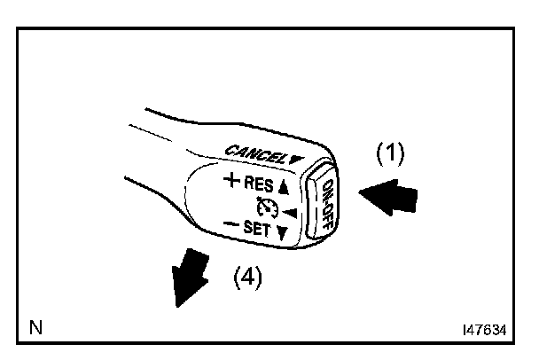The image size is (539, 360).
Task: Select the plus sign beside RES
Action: [233, 184]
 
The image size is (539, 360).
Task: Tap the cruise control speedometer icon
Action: [265, 210]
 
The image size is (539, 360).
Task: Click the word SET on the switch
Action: [258, 230]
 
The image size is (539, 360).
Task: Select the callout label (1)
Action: [389, 153]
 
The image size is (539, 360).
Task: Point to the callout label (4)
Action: [248, 278]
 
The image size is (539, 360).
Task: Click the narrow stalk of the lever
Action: [160, 142]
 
